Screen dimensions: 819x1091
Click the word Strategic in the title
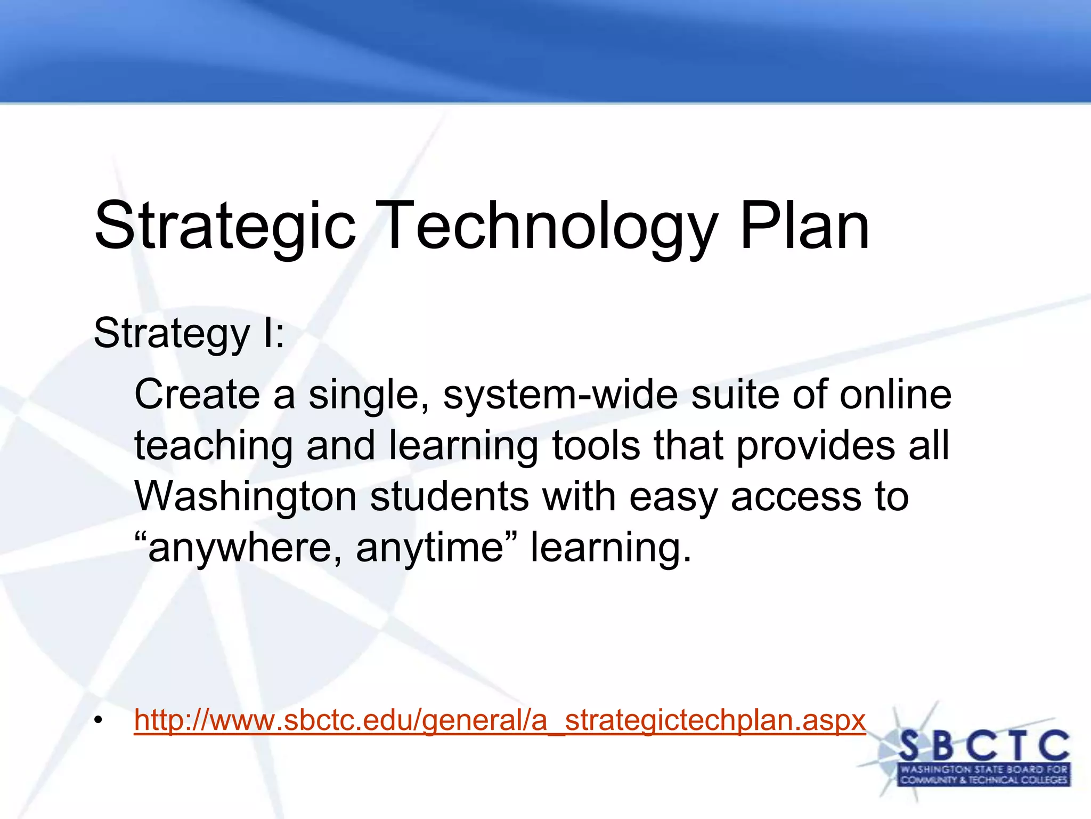pos(224,227)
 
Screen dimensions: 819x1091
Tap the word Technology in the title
pos(549,227)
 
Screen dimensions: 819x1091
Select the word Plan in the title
pos(804,227)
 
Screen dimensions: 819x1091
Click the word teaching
pos(213,446)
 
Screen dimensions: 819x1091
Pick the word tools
pos(596,446)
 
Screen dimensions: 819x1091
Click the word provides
pos(815,446)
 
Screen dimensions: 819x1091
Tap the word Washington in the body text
pos(245,497)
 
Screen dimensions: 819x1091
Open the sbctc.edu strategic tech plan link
pos(500,721)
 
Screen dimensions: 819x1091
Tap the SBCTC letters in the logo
pos(983,746)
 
